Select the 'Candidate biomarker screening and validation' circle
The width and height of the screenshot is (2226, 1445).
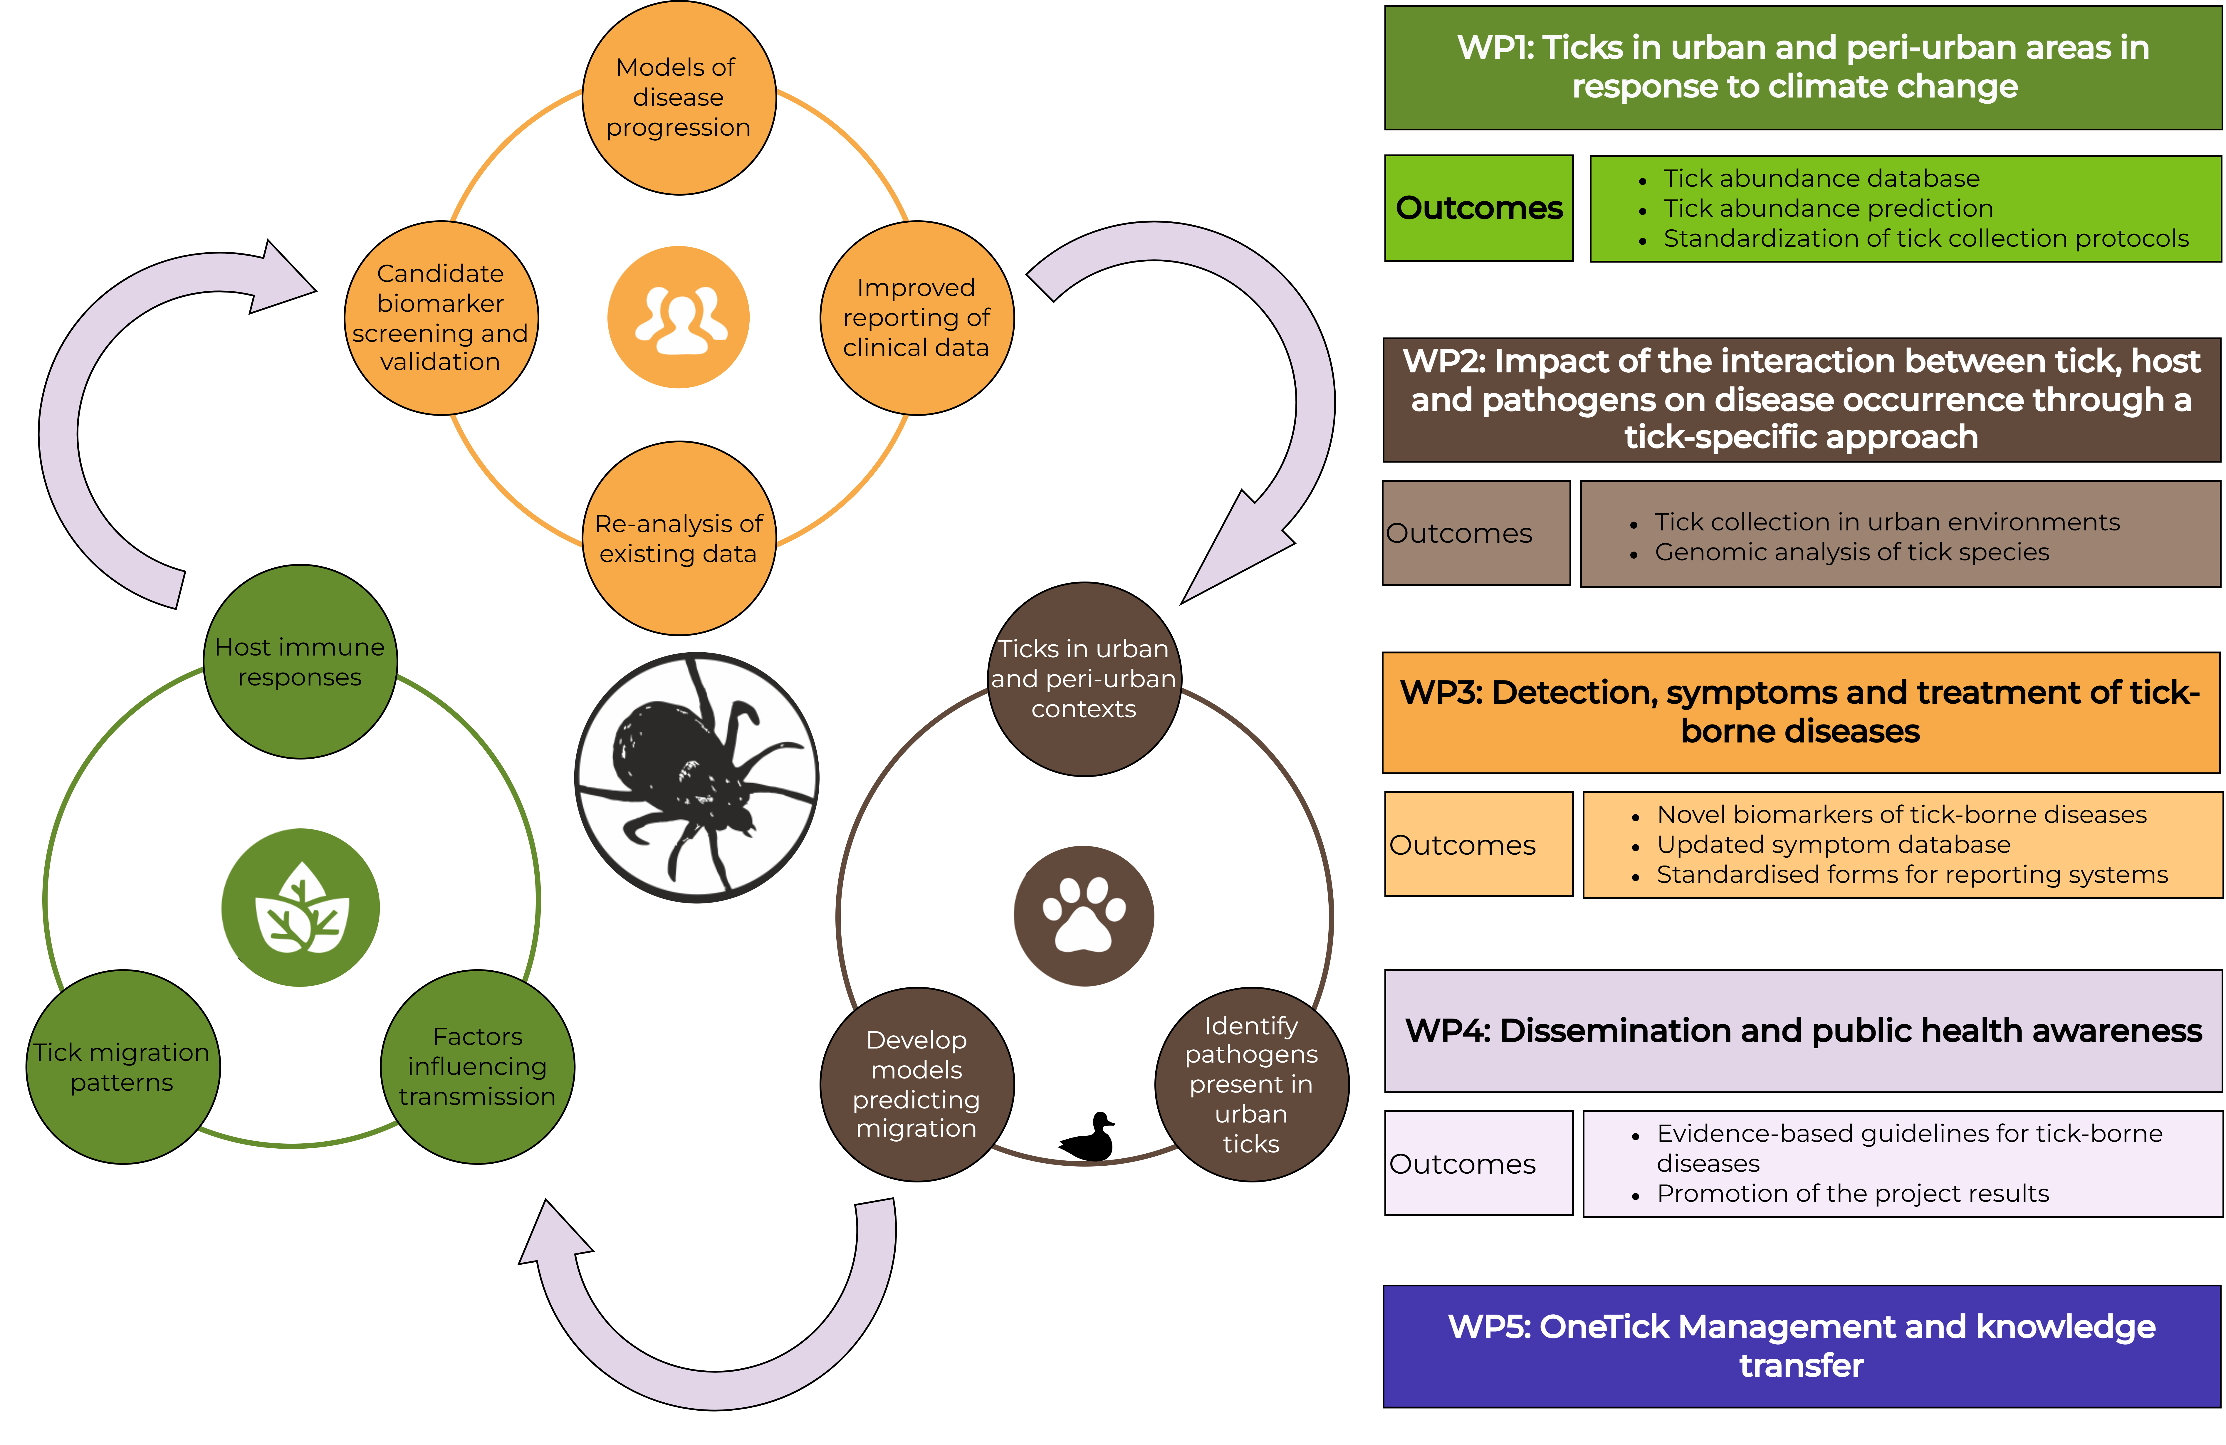pos(441,318)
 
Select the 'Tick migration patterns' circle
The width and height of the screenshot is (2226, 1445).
pos(122,1067)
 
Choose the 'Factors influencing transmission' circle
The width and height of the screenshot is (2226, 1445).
pos(477,1067)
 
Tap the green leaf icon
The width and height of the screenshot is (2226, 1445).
pos(300,907)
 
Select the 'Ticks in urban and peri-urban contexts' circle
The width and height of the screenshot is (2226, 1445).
pos(1084,679)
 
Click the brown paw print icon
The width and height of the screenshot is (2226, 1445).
pos(1084,916)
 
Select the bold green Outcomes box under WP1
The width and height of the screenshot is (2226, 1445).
pos(1479,208)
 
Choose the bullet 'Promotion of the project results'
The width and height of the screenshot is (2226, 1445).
pos(1852,1193)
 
